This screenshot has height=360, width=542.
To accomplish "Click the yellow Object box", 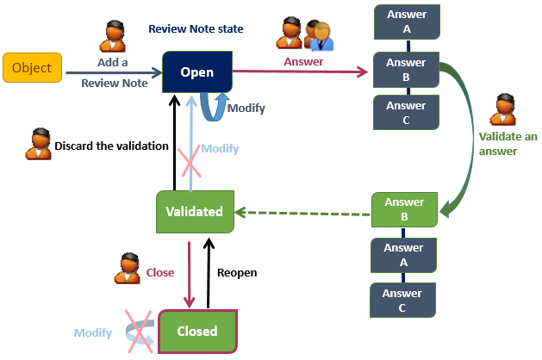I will pos(31,68).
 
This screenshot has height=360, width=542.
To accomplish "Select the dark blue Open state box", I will pos(197,72).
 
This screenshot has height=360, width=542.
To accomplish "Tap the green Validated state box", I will pos(196,211).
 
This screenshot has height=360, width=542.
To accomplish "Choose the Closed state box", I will pos(196,330).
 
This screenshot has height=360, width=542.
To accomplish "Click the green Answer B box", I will pos(404,209).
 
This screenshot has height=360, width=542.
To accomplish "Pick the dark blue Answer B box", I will pos(405,68).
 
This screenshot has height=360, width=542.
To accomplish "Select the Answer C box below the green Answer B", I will pos(404,301).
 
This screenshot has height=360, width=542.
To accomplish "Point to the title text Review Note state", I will pos(196,28).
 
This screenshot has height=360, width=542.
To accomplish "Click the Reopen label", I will pos(236,272).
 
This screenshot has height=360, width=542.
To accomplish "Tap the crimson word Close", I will pos(159,272).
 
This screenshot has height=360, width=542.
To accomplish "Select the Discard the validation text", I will pos(111,146).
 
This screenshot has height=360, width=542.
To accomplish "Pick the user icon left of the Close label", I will pos(127,269).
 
